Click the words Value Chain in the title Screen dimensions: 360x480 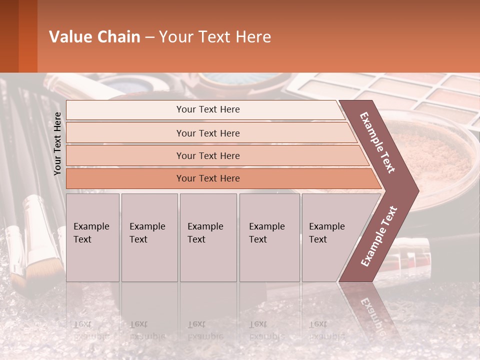click(94, 37)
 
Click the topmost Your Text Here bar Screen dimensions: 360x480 click(207, 109)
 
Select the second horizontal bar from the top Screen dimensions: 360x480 click(207, 133)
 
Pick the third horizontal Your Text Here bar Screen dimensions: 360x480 click(207, 156)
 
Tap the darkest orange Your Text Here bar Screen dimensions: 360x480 click(207, 178)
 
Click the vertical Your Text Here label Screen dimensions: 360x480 click(57, 143)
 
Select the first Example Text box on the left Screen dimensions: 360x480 click(92, 237)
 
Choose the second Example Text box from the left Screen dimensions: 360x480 click(149, 237)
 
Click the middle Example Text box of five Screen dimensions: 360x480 click(208, 237)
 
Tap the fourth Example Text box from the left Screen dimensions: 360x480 click(269, 237)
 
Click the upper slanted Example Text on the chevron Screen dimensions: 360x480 click(377, 142)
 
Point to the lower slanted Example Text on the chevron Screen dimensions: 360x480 click(379, 236)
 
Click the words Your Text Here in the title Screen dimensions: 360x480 click(215, 37)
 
